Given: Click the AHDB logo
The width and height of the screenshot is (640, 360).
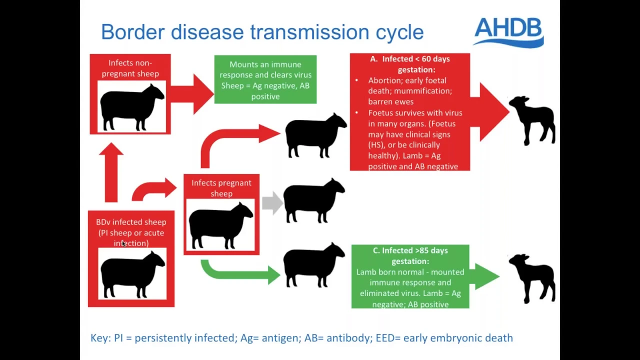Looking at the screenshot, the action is [508, 32].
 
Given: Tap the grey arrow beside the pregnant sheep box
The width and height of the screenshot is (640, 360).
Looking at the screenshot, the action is [272, 203].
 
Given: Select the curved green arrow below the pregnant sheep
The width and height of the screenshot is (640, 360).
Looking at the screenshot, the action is [240, 273].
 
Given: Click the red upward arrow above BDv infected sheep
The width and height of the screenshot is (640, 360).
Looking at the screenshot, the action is [111, 172].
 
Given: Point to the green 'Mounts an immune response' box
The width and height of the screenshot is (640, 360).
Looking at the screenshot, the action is [265, 79].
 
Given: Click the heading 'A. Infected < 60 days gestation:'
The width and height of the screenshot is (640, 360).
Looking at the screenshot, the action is [409, 64].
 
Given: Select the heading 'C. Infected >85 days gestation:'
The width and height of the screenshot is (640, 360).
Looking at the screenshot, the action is [410, 255].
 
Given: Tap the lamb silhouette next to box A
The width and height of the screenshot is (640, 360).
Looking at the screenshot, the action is [532, 120].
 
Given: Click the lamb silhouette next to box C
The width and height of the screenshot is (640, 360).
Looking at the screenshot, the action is [532, 278].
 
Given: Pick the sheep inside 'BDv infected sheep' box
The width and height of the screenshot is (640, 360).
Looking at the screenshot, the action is [133, 274].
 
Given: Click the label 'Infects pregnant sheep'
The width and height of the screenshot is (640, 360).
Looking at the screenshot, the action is [221, 188].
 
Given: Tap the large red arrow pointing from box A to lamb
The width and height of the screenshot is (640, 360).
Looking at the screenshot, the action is [489, 111].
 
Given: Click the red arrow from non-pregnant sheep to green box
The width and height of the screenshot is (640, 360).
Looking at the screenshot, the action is [192, 93].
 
